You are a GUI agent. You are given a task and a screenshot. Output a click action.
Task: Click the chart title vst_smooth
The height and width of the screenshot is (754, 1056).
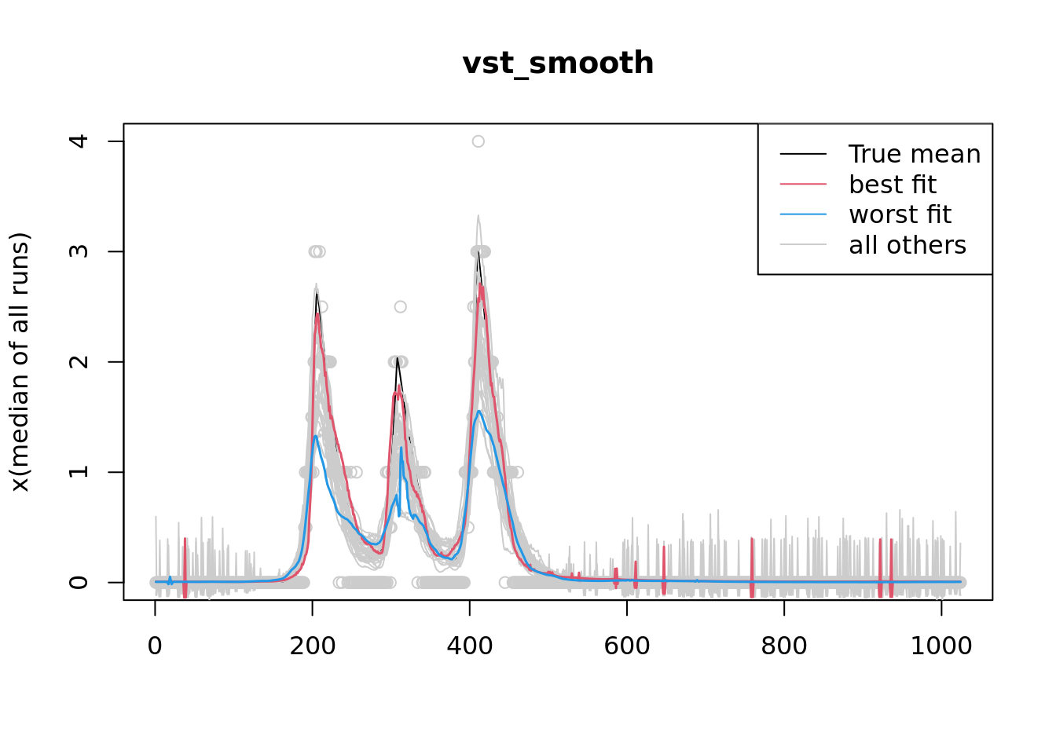558,64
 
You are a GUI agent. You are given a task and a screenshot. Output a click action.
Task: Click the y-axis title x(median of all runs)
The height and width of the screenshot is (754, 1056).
20,362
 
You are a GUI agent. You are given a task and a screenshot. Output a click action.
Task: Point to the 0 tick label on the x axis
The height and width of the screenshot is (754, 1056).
155,646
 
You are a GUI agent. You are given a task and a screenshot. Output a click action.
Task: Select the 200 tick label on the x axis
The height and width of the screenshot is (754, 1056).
312,646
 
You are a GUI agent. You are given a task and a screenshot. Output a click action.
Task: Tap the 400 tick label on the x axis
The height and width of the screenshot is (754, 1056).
469,646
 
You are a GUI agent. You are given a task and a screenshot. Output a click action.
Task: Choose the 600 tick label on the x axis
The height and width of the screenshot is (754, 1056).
627,646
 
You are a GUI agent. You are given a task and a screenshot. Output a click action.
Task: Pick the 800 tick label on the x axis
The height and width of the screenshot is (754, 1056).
784,646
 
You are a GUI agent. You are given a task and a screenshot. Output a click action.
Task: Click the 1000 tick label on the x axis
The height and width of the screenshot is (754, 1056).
941,646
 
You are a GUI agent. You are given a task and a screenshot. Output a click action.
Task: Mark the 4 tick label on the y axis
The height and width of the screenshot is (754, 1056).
79,141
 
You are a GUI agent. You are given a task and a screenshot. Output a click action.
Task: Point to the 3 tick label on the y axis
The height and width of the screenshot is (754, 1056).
79,251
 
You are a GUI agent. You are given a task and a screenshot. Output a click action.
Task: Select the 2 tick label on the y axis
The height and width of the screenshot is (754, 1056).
79,362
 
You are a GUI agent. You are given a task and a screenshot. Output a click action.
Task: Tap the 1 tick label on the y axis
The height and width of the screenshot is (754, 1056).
79,472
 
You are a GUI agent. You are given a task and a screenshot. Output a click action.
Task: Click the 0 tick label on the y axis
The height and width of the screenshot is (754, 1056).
79,582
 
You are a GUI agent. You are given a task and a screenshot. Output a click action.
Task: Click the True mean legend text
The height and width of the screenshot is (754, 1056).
915,154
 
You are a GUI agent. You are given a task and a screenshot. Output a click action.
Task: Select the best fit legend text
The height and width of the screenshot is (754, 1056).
893,185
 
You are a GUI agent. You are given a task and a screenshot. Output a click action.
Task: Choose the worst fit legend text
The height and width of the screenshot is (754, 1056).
900,214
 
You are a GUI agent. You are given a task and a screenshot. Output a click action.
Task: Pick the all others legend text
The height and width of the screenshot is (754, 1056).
907,245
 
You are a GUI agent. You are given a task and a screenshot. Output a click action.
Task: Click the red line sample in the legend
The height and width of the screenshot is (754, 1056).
803,185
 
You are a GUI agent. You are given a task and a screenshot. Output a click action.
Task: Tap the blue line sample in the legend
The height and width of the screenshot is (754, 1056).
803,214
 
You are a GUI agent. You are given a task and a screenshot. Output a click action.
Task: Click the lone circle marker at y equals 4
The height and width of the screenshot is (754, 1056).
478,141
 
